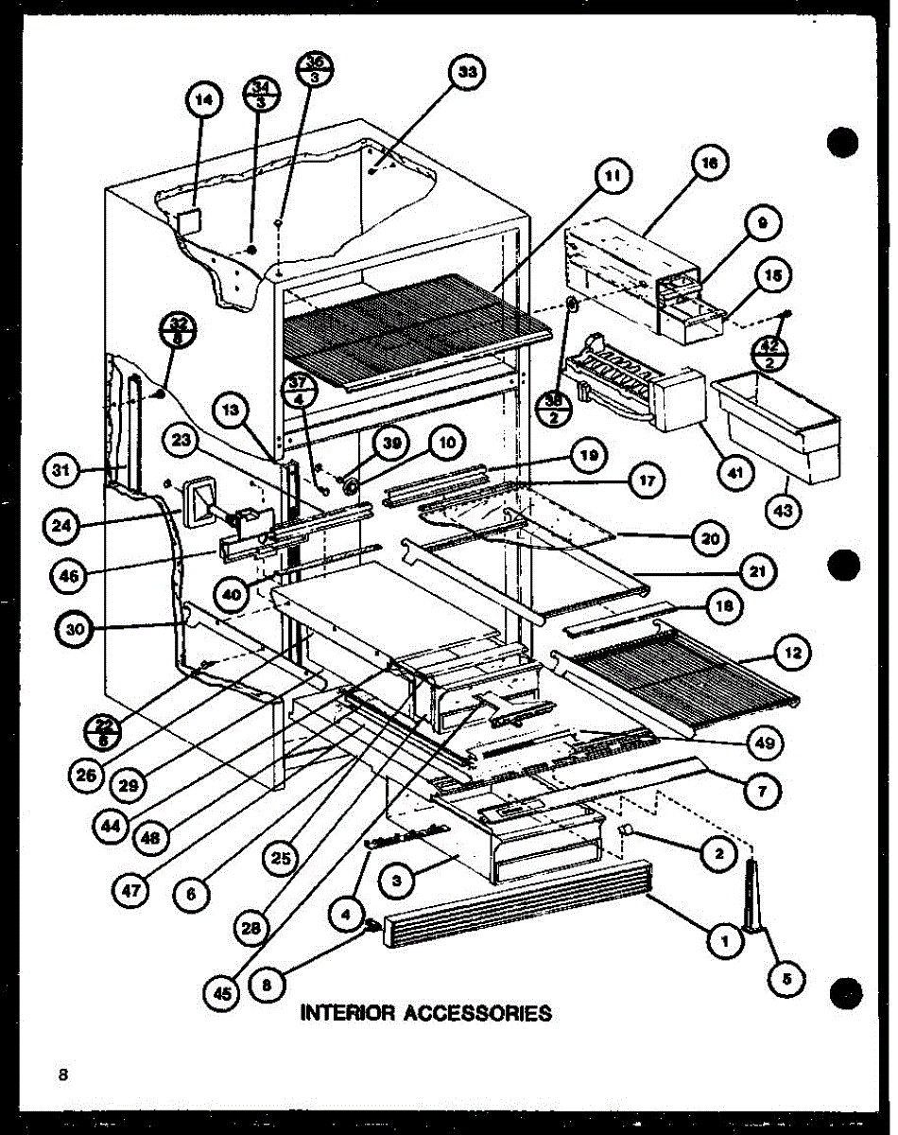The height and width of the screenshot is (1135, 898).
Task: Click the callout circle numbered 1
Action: pyautogui.click(x=725, y=939)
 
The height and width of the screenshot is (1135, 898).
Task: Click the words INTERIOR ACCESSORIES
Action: pyautogui.click(x=425, y=1013)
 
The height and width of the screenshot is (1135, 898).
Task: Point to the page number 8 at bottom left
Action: pyautogui.click(x=63, y=1074)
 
